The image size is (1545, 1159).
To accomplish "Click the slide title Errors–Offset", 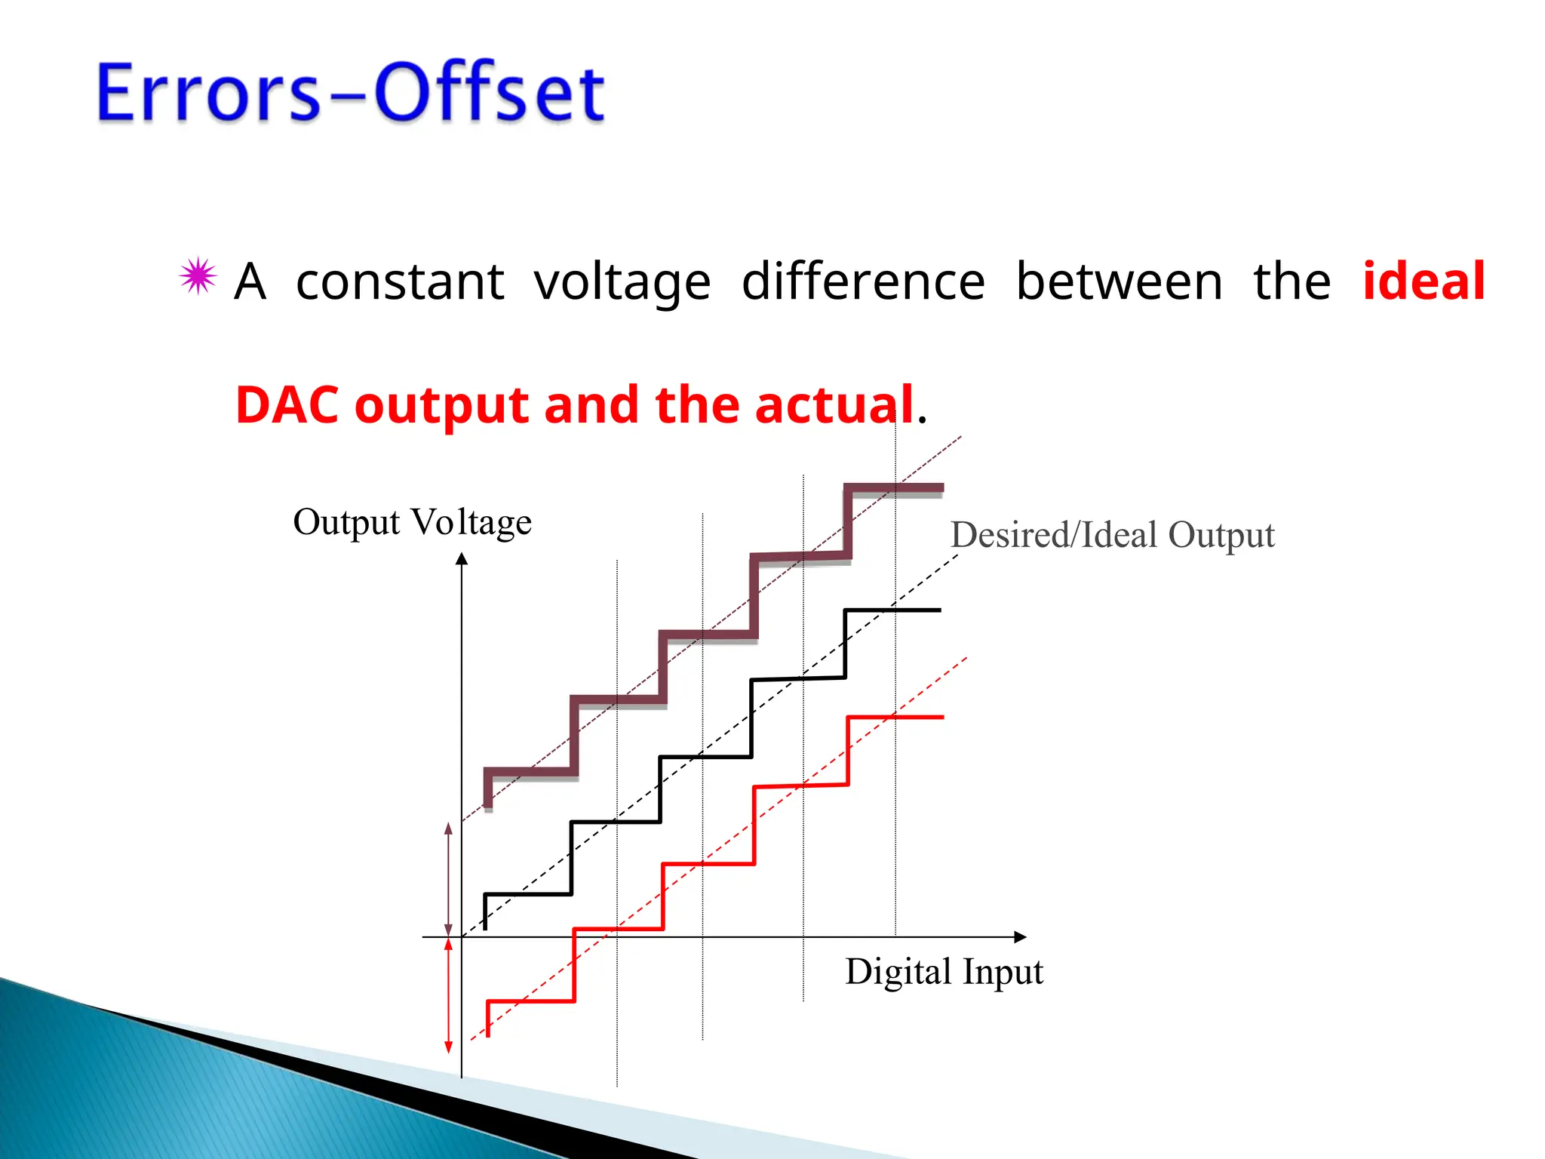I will coord(351,92).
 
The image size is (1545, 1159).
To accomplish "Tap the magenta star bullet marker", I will coord(198,276).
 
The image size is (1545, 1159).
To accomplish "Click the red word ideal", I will coord(1424,281).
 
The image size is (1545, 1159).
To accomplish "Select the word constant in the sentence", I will coord(400,282).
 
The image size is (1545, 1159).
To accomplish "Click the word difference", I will coord(863,281).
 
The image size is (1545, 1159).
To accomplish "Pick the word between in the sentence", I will coord(1119,281).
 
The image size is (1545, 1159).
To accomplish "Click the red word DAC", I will coord(287,404).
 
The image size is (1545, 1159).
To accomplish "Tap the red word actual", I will coord(834,404).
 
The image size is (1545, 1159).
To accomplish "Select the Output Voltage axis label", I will coord(412,522).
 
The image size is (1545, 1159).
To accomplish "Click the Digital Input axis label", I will coord(944,972).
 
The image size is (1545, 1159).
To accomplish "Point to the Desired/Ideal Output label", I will coord(1112,535).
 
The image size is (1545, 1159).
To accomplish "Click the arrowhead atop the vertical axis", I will coord(462,558).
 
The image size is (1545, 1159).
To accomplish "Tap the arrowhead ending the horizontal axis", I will coord(1020,937).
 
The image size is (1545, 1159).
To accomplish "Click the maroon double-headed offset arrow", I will coord(449,879).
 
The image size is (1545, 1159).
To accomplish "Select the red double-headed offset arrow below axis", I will coord(449,996).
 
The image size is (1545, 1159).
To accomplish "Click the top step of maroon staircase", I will coord(894,488).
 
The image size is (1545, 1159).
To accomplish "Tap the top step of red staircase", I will coord(895,717).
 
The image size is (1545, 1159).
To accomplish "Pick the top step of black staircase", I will coord(893,610).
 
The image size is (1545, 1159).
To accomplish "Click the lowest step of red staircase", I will coord(531,1001).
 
